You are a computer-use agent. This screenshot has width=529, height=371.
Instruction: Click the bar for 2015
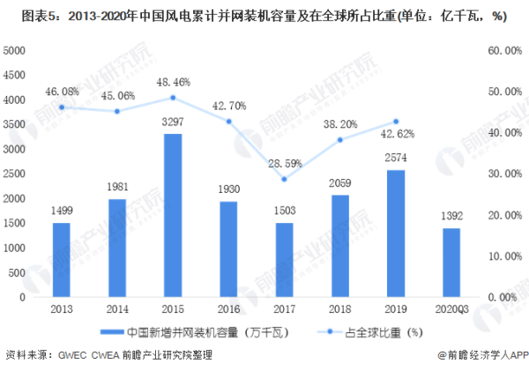[x=174, y=216]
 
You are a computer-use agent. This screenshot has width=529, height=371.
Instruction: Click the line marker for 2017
[x=283, y=179]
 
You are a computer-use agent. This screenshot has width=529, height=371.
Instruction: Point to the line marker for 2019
[x=395, y=122]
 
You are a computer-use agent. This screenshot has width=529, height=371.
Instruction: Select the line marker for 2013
[x=61, y=108]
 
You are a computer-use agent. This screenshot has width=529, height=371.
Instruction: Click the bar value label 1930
[x=228, y=193]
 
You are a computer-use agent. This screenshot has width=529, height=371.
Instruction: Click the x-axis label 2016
[x=228, y=309]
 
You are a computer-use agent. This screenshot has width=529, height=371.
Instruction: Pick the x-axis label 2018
[x=339, y=309]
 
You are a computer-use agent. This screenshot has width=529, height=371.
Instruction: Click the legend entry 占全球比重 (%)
[x=361, y=331]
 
